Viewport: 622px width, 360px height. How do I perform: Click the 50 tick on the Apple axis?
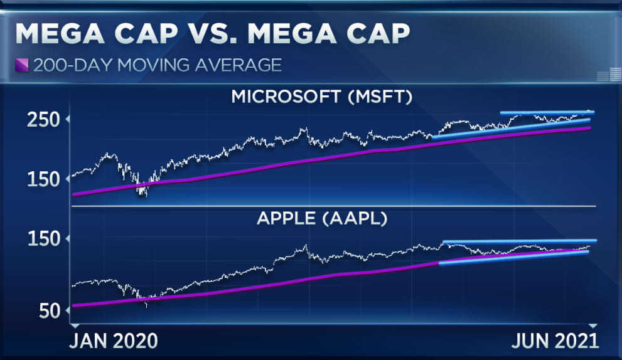[x=49, y=311]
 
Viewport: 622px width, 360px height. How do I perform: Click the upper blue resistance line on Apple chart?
[x=520, y=241]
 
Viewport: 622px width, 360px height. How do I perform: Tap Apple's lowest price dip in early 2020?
[x=147, y=305]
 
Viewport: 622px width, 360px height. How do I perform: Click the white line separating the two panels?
[x=333, y=206]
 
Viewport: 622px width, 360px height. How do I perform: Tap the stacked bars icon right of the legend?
[x=604, y=76]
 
